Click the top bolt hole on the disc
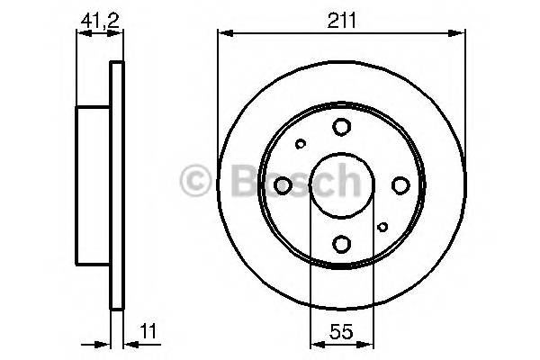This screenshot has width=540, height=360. pos(342,127)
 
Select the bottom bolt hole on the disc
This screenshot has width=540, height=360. pos(342,243)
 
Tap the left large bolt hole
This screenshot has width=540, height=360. pos(283,185)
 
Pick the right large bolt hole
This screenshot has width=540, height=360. pos(400,185)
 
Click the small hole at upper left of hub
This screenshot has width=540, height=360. pos(301,143)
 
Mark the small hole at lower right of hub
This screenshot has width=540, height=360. pos(382,227)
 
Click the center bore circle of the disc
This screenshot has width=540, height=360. pos(342,185)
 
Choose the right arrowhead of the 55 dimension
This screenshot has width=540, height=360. pos(369,343)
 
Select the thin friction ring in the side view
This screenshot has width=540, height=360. pos(115,185)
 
